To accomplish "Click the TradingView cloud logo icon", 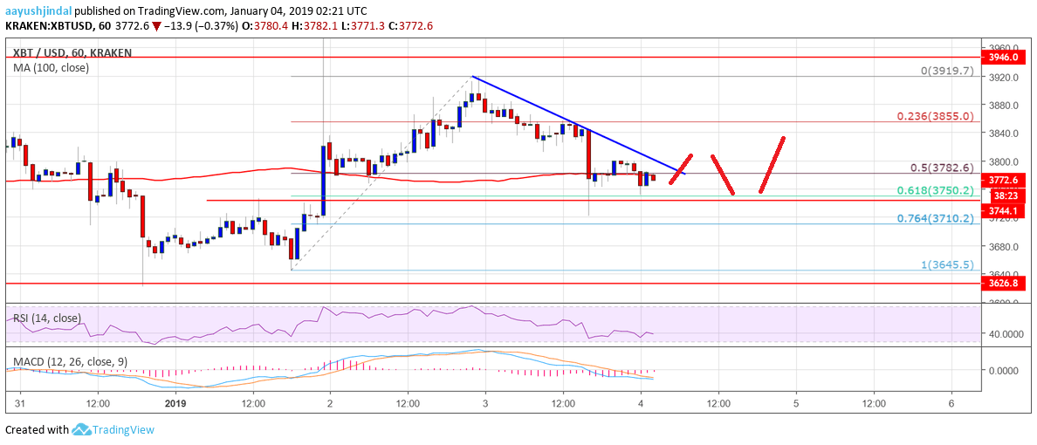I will (x=81, y=429).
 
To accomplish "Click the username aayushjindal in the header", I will (x=38, y=10).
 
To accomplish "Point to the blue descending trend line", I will (x=576, y=124).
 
